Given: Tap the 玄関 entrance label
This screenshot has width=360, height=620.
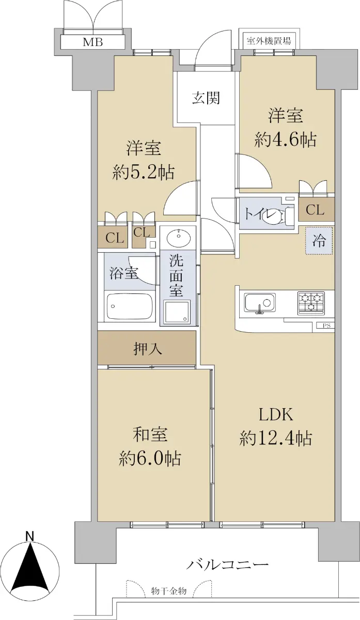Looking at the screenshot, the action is (206, 98).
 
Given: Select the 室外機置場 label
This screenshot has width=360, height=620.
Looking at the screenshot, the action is (269, 41).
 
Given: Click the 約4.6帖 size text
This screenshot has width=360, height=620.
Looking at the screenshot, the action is (286, 139).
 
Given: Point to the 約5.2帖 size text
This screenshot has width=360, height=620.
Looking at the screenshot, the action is (144, 172).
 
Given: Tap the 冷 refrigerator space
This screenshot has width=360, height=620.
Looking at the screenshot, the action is (319, 241).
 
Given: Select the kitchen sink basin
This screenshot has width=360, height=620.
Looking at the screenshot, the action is (260, 303).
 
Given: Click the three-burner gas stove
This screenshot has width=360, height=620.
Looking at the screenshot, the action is (311, 303).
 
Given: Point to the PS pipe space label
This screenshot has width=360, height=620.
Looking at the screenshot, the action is (326, 326).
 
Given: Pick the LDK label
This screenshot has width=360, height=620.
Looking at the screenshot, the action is (276, 414).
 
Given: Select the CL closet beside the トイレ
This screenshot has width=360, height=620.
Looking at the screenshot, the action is (315, 210).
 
